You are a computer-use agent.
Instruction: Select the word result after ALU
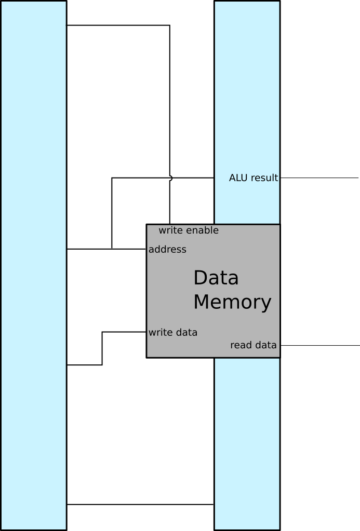coord(264,178)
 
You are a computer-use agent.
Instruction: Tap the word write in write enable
coord(170,230)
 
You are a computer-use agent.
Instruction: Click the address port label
coord(167,250)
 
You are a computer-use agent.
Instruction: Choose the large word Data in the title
coord(216,278)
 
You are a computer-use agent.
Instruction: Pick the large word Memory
coord(232,302)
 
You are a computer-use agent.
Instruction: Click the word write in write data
coord(160,333)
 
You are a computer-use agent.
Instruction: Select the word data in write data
coord(186,333)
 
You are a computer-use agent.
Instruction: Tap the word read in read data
coord(241,345)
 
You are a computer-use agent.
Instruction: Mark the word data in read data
coord(265,345)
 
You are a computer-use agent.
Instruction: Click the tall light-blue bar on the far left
coord(33,265)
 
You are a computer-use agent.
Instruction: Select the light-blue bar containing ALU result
coord(247,104)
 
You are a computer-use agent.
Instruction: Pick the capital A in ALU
coord(232,178)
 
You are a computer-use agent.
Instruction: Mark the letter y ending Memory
coord(266,304)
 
